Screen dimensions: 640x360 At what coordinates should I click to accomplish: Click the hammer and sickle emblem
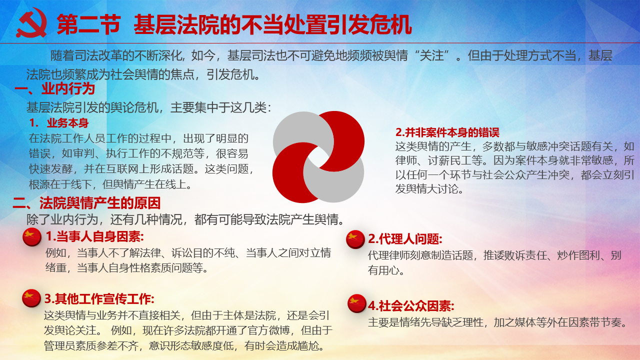[x=31, y=23]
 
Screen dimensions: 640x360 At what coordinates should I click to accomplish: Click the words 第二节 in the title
[x=89, y=24]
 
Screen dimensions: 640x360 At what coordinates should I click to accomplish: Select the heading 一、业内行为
[x=54, y=88]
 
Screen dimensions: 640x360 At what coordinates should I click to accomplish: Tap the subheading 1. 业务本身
[x=59, y=123]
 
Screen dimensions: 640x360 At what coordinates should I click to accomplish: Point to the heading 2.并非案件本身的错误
[x=447, y=132]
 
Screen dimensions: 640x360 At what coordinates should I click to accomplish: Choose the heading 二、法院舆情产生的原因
[x=86, y=203]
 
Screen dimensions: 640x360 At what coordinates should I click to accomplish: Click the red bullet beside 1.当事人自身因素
[x=32, y=237]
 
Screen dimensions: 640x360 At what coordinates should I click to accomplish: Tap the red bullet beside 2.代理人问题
[x=355, y=239]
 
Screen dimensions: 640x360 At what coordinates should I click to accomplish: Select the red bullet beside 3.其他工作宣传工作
[x=31, y=298]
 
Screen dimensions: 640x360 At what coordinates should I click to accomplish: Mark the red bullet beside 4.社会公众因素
[x=357, y=303]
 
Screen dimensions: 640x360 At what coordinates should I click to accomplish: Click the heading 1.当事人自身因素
[x=95, y=236]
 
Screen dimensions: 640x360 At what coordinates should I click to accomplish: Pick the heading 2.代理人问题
[x=405, y=239]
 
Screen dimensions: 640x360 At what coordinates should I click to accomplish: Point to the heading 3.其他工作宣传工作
[x=99, y=299]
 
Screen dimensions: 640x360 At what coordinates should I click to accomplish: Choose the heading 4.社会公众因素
[x=411, y=306]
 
